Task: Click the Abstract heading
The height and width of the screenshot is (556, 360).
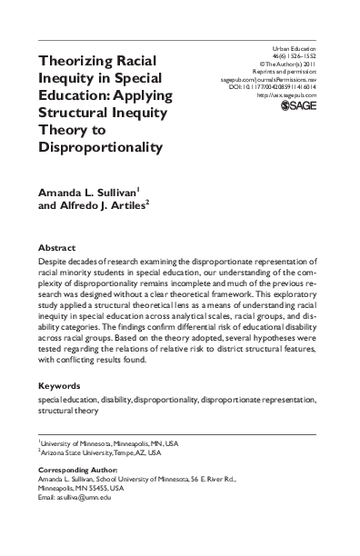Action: click(x=55, y=246)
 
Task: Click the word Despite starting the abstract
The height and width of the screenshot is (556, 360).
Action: click(x=54, y=262)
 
